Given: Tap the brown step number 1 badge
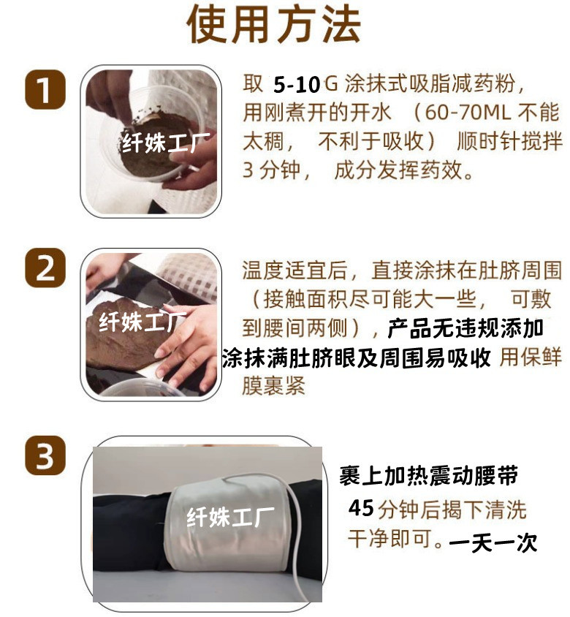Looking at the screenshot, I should tap(45, 91).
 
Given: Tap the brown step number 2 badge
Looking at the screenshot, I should tap(45, 268).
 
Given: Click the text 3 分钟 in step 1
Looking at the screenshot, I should tap(270, 171).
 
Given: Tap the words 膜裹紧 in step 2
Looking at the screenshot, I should tap(273, 386).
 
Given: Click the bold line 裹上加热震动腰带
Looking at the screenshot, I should tap(429, 477).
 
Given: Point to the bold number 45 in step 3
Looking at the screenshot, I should tap(361, 507).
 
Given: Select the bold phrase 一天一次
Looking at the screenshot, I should tap(493, 542).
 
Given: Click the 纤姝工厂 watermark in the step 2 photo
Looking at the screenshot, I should tap(142, 321).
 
